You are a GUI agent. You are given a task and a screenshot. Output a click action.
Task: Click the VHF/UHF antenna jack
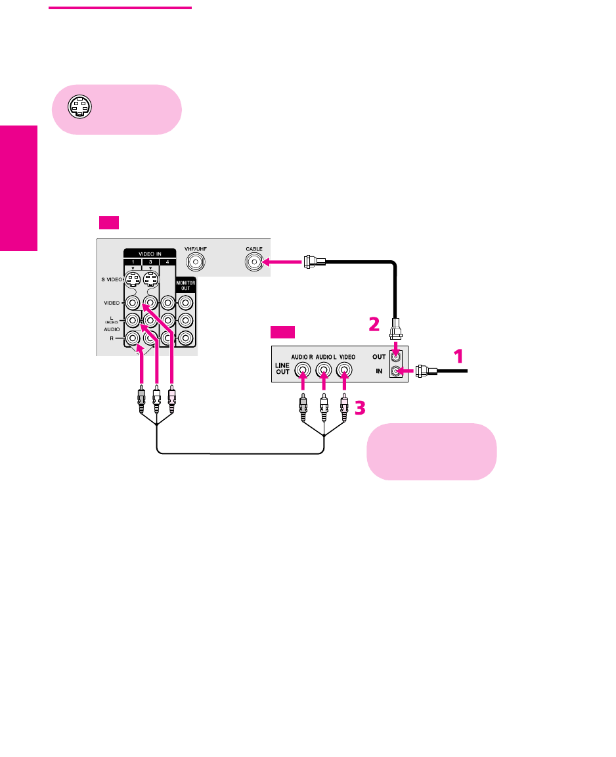[194, 263]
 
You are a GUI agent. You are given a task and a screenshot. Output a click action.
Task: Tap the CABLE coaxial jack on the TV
[253, 263]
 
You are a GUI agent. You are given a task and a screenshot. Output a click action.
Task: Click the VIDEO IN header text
[141, 253]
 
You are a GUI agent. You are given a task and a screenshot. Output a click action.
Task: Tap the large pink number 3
[359, 408]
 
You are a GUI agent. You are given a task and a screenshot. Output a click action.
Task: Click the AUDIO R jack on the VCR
[303, 370]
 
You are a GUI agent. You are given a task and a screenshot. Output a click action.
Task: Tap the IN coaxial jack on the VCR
[395, 371]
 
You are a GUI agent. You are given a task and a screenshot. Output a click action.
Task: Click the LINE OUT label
[282, 370]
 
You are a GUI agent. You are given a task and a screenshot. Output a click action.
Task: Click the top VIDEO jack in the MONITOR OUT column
[186, 304]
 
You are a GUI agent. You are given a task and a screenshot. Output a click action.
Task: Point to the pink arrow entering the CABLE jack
[282, 264]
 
